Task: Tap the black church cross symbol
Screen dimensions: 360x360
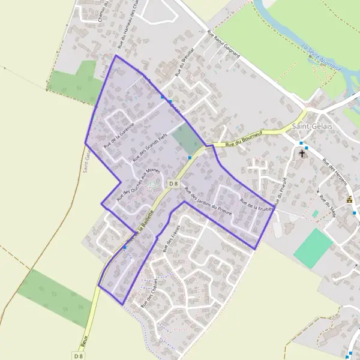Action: click(x=302, y=154)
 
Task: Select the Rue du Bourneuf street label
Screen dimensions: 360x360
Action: click(x=245, y=139)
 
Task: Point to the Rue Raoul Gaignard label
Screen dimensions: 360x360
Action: click(x=223, y=46)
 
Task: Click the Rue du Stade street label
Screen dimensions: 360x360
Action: click(x=331, y=210)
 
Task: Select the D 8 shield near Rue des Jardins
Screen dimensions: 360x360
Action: click(x=174, y=183)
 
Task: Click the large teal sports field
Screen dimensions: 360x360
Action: click(x=313, y=248)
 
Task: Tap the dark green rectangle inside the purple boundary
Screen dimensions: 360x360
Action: click(x=187, y=140)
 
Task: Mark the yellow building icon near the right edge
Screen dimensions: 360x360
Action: click(x=350, y=199)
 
